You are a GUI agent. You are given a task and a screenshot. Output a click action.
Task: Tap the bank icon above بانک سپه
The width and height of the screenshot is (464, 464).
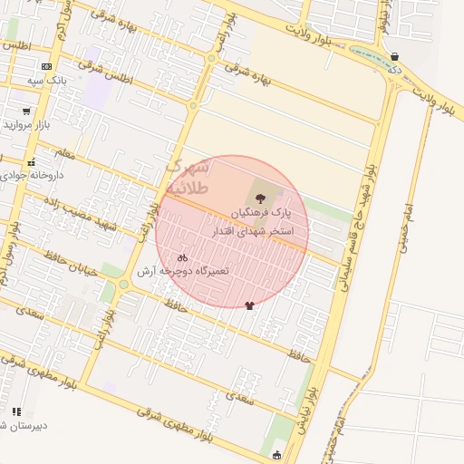(45, 67)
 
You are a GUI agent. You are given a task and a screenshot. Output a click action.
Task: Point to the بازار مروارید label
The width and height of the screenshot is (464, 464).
(29, 124)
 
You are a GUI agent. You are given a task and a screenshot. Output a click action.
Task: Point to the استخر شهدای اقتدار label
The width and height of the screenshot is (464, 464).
(249, 232)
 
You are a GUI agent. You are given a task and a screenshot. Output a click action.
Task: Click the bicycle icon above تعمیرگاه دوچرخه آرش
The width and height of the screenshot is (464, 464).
(183, 257)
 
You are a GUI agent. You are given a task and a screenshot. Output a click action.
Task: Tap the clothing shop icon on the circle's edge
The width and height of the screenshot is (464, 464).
(250, 305)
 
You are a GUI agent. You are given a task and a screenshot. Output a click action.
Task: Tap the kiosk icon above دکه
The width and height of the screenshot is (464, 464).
(394, 56)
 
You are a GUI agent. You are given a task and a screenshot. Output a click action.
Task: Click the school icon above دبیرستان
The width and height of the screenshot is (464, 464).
(16, 411)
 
